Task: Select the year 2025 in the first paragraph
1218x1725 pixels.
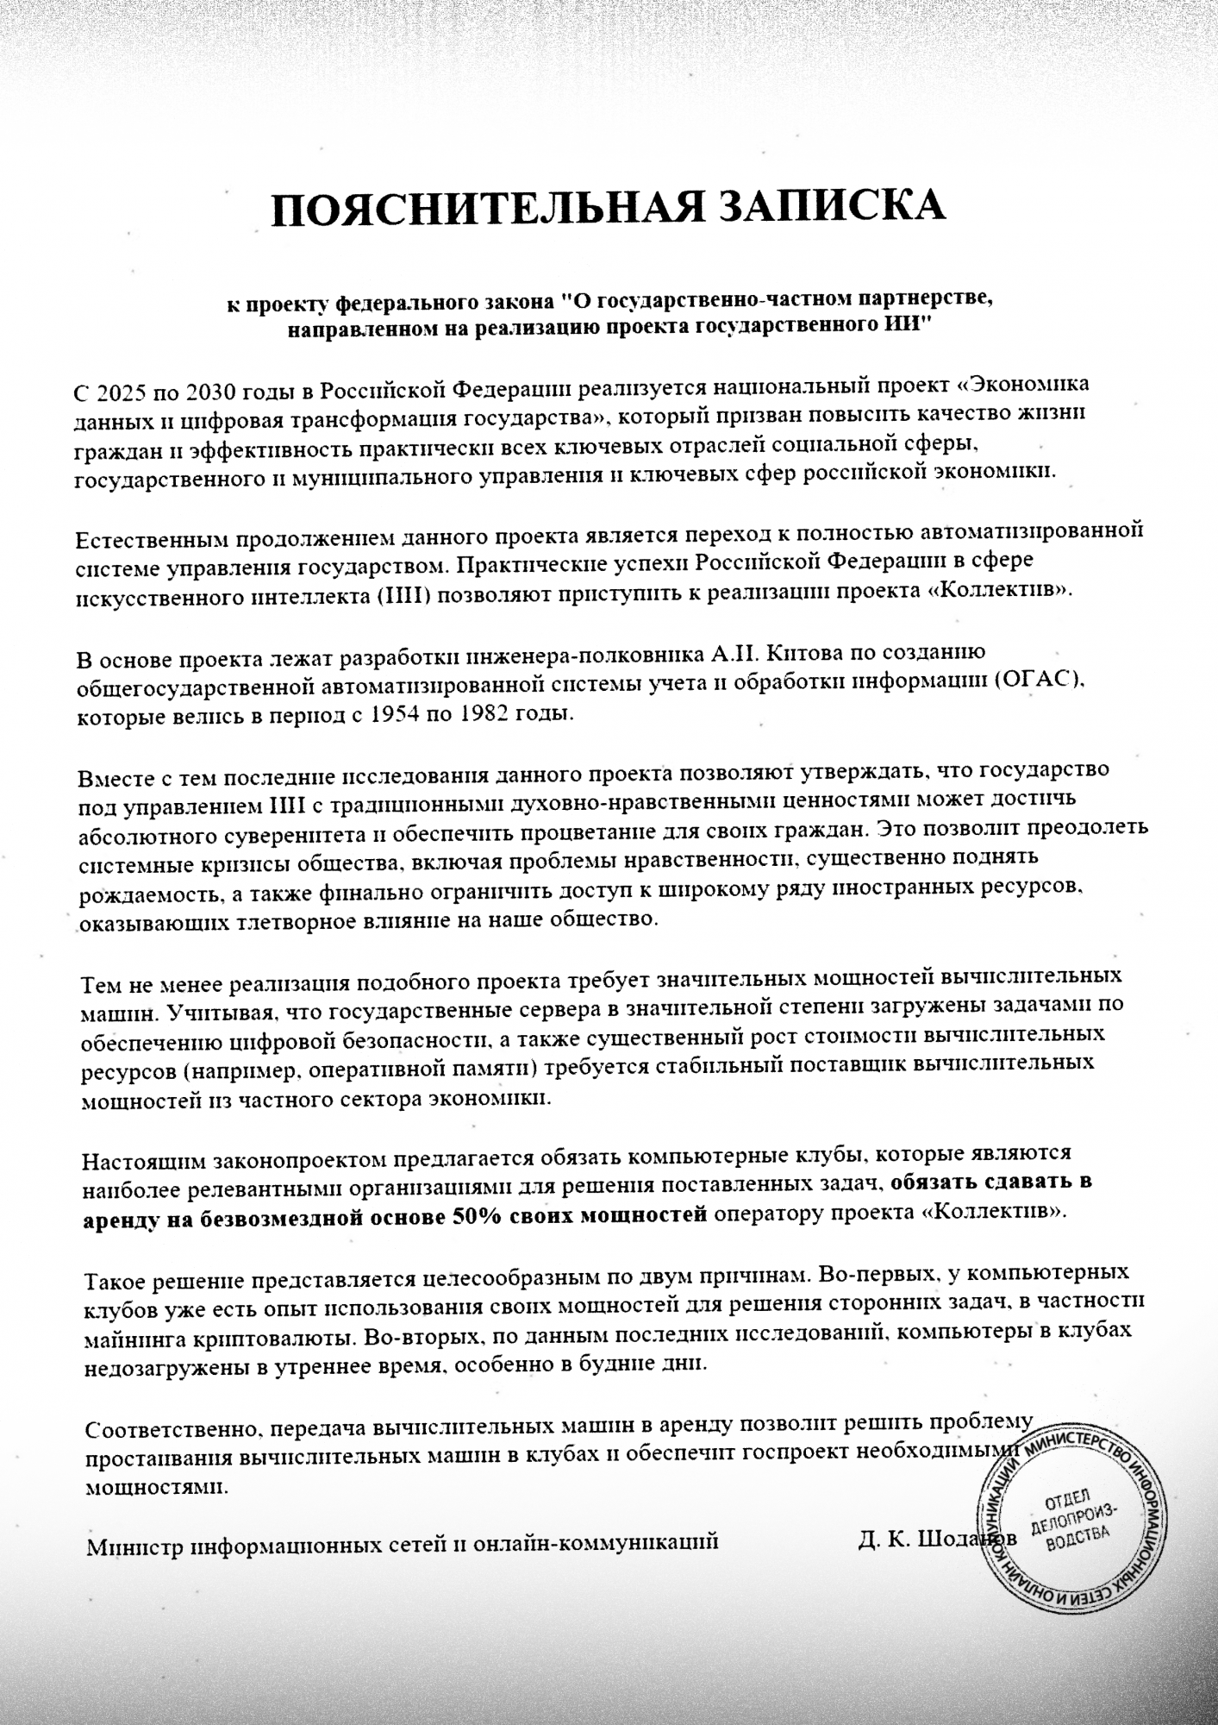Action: (122, 392)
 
